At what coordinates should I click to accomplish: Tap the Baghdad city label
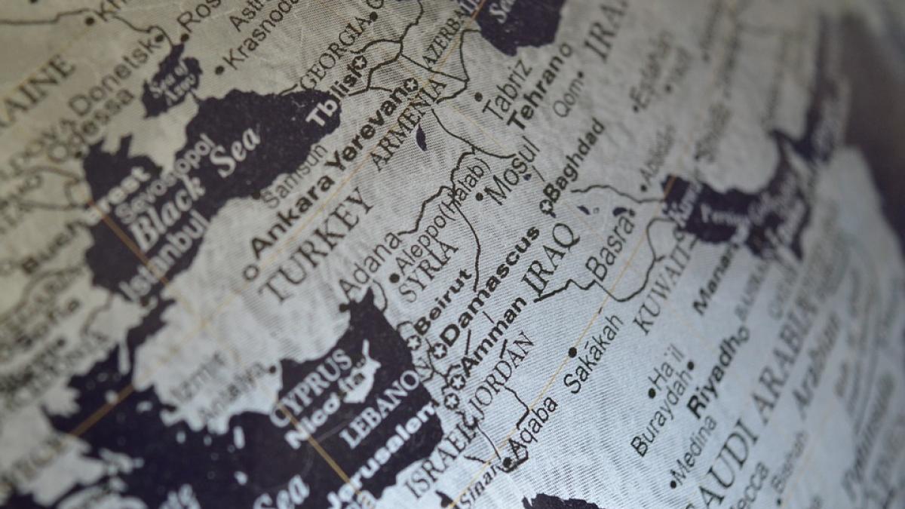pos(577,162)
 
